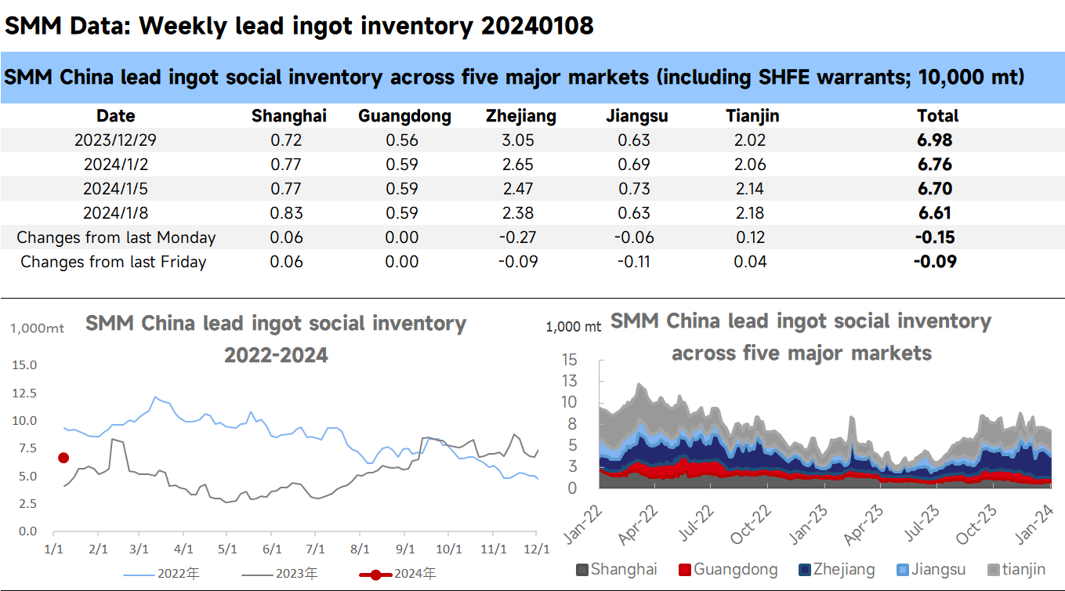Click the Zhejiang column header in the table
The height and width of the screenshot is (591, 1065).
coord(520,116)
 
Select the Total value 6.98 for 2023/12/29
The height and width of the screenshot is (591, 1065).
coord(937,140)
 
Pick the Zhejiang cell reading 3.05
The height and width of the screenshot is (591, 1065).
coord(520,140)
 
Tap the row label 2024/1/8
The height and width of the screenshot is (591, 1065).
coord(115,212)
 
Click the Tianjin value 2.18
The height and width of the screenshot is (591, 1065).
coord(752,212)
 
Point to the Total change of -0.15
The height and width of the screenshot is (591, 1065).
coord(936,237)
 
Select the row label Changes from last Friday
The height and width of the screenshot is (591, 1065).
coord(113,261)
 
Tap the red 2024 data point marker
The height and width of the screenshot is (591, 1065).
coord(63,458)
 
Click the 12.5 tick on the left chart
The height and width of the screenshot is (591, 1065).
coord(24,393)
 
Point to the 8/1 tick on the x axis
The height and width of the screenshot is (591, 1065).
coord(360,549)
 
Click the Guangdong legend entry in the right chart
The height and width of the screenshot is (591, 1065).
coord(728,570)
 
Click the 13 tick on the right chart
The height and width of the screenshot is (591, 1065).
coord(569,381)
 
